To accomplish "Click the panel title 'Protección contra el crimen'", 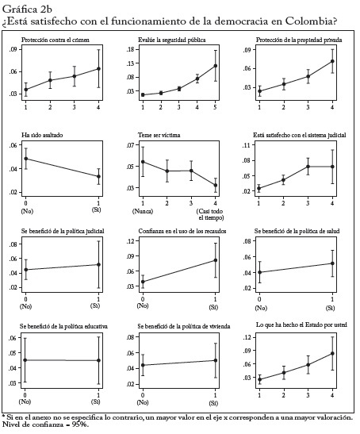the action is click(56, 40).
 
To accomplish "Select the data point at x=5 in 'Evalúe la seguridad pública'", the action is click(215, 66).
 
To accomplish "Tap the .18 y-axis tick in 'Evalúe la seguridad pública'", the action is click(130, 50).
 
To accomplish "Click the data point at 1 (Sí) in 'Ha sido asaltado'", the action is click(98, 176).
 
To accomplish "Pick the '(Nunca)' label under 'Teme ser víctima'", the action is click(143, 212).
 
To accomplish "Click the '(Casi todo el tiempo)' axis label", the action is click(210, 214).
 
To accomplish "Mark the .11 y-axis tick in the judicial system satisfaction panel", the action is click(246, 145).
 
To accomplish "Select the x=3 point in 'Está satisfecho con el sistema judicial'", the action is click(308, 167).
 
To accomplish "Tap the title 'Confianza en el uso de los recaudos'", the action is click(182, 231).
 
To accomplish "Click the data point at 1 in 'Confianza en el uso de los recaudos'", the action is click(215, 260).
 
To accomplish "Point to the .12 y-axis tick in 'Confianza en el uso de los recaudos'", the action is click(130, 241).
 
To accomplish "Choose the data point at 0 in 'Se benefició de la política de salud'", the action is click(259, 272).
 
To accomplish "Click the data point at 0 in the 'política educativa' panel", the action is click(25, 360).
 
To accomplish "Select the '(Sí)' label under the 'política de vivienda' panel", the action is click(213, 404).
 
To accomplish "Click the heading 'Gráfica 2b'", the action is click(27, 10).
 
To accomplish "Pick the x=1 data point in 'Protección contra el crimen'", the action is click(25, 90).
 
